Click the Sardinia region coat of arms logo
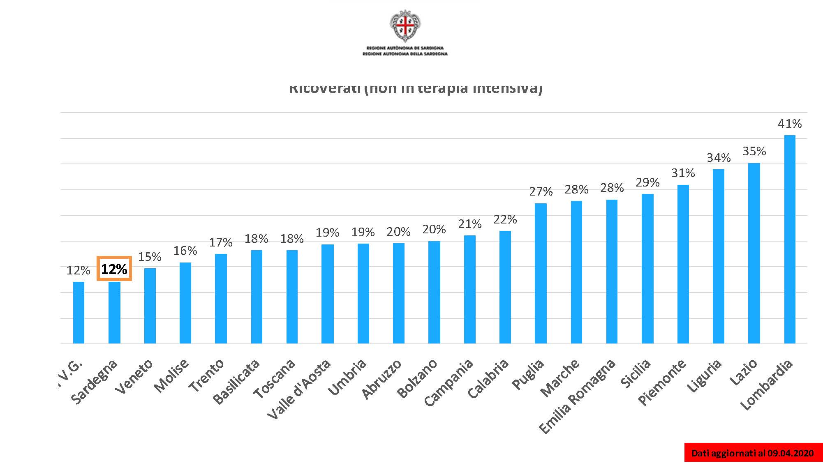(x=405, y=25)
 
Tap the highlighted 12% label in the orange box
(x=114, y=269)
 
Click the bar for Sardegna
(x=114, y=312)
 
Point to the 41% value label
(x=790, y=124)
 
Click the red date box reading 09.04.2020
(x=753, y=453)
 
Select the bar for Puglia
(x=541, y=273)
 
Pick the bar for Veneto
(x=150, y=306)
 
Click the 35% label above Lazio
(x=754, y=151)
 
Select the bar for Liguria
(x=718, y=256)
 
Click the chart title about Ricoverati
(x=415, y=88)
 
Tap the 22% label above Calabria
(x=505, y=219)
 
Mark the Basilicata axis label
(x=236, y=382)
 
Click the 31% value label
(x=683, y=173)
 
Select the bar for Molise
(x=185, y=303)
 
